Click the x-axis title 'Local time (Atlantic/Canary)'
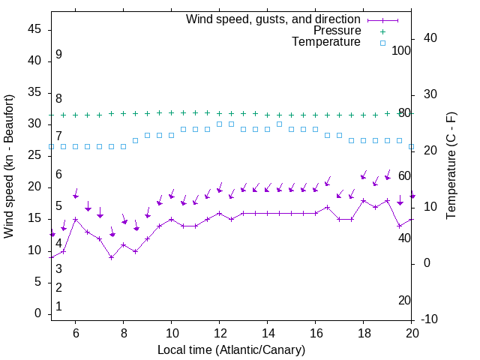coord(231,350)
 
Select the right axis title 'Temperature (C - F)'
coord(451,166)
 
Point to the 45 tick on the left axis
coord(34,29)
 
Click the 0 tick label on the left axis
coord(37,313)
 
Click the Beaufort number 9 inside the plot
coord(58,55)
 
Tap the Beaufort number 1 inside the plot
coord(58,307)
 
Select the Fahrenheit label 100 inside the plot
coord(401,50)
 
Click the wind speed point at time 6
coord(75,219)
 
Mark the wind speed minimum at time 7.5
coord(111,257)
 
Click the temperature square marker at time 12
coord(219,124)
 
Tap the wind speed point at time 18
coord(363,200)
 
